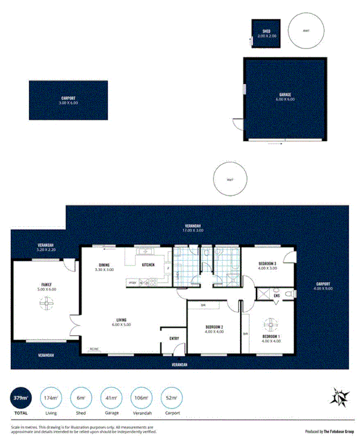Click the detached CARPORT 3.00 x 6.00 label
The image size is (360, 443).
click(69, 100)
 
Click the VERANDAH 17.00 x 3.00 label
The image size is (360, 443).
click(194, 228)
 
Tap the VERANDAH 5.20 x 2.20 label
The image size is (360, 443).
click(46, 247)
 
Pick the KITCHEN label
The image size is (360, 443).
click(148, 264)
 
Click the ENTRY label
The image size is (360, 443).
click(174, 338)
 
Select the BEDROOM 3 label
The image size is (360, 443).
click(267, 266)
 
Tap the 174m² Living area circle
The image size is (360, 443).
click(50, 399)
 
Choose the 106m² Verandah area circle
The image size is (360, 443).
click(140, 399)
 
